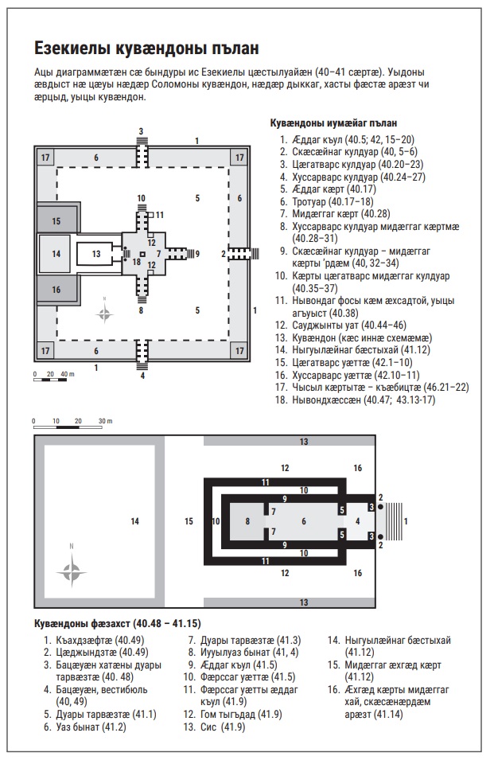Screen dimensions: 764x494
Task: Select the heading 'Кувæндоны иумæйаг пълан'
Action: (334, 123)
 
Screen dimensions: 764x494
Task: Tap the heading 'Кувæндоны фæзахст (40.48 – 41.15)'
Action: (117, 622)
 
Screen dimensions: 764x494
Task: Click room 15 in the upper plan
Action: (56, 220)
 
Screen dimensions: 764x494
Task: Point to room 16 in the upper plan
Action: (56, 290)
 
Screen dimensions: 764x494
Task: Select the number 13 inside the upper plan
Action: (95, 254)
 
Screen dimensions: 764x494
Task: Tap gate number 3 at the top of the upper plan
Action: (141, 131)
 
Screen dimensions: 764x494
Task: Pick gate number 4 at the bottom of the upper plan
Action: (142, 376)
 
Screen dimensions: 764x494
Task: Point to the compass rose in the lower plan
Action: (72, 569)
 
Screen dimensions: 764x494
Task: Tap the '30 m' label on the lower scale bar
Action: (105, 421)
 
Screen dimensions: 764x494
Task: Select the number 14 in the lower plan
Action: (134, 521)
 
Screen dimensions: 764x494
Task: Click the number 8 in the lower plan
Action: (247, 521)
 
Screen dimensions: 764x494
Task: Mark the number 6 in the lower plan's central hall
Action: (303, 521)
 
